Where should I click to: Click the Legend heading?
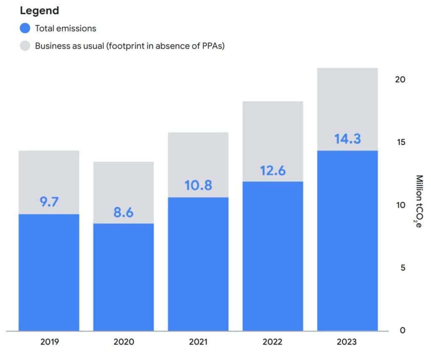coord(40,11)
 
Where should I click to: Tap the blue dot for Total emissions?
coord(25,29)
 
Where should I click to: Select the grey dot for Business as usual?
coord(25,46)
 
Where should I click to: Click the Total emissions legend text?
coord(66,29)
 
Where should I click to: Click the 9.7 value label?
coord(49,202)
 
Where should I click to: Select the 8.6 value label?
coord(123,212)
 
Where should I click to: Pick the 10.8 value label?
coord(198,185)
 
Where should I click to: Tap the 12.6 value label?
coord(272,170)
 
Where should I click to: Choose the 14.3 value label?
coord(348,139)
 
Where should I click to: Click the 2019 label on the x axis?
coord(49,342)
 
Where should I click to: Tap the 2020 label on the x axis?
coord(123,342)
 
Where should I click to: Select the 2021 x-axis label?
coord(198,342)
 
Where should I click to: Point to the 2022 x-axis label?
coord(272,342)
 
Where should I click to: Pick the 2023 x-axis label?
coord(347,342)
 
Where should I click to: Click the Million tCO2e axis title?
coord(419,202)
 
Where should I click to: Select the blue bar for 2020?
coord(123,278)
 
